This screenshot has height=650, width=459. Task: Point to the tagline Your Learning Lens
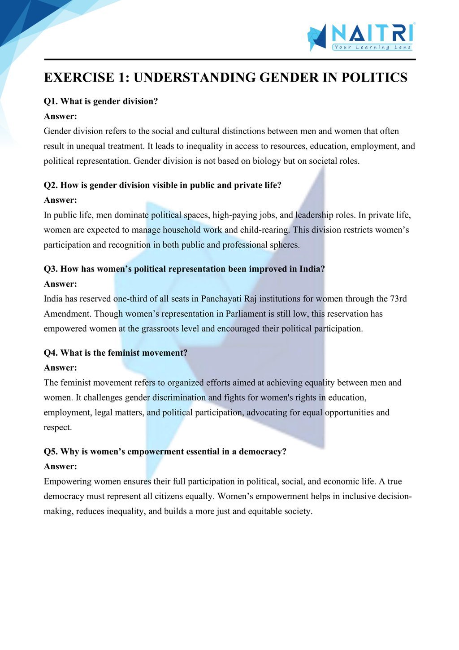coord(372,47)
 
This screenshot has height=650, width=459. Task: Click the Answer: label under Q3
coord(61,284)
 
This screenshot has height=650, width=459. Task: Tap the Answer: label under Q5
coord(61,467)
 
